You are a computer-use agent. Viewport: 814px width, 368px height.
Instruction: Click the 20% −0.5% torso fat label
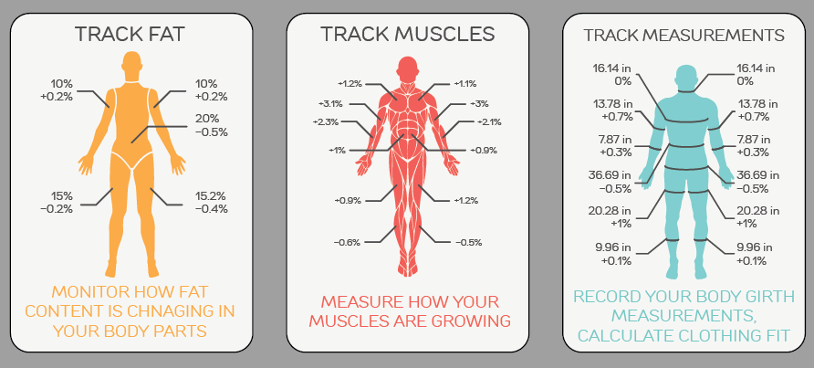212,125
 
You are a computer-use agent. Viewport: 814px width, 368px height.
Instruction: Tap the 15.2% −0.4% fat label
212,203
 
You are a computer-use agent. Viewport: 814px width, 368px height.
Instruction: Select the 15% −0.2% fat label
57,203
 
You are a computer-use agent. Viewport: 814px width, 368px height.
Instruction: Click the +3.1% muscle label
330,103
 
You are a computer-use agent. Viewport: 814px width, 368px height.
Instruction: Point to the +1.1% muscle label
465,83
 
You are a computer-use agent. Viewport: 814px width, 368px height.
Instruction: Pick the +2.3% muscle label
326,122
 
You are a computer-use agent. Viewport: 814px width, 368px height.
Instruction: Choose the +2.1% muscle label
489,122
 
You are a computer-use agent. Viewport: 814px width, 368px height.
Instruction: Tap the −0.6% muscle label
348,242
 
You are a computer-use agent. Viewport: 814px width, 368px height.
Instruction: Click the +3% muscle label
479,103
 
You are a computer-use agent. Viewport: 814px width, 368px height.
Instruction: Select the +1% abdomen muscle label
337,151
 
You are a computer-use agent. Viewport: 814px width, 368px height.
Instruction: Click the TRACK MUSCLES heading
408,35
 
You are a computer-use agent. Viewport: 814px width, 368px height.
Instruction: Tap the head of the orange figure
131,63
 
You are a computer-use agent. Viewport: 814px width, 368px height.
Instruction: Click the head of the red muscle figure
407,68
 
